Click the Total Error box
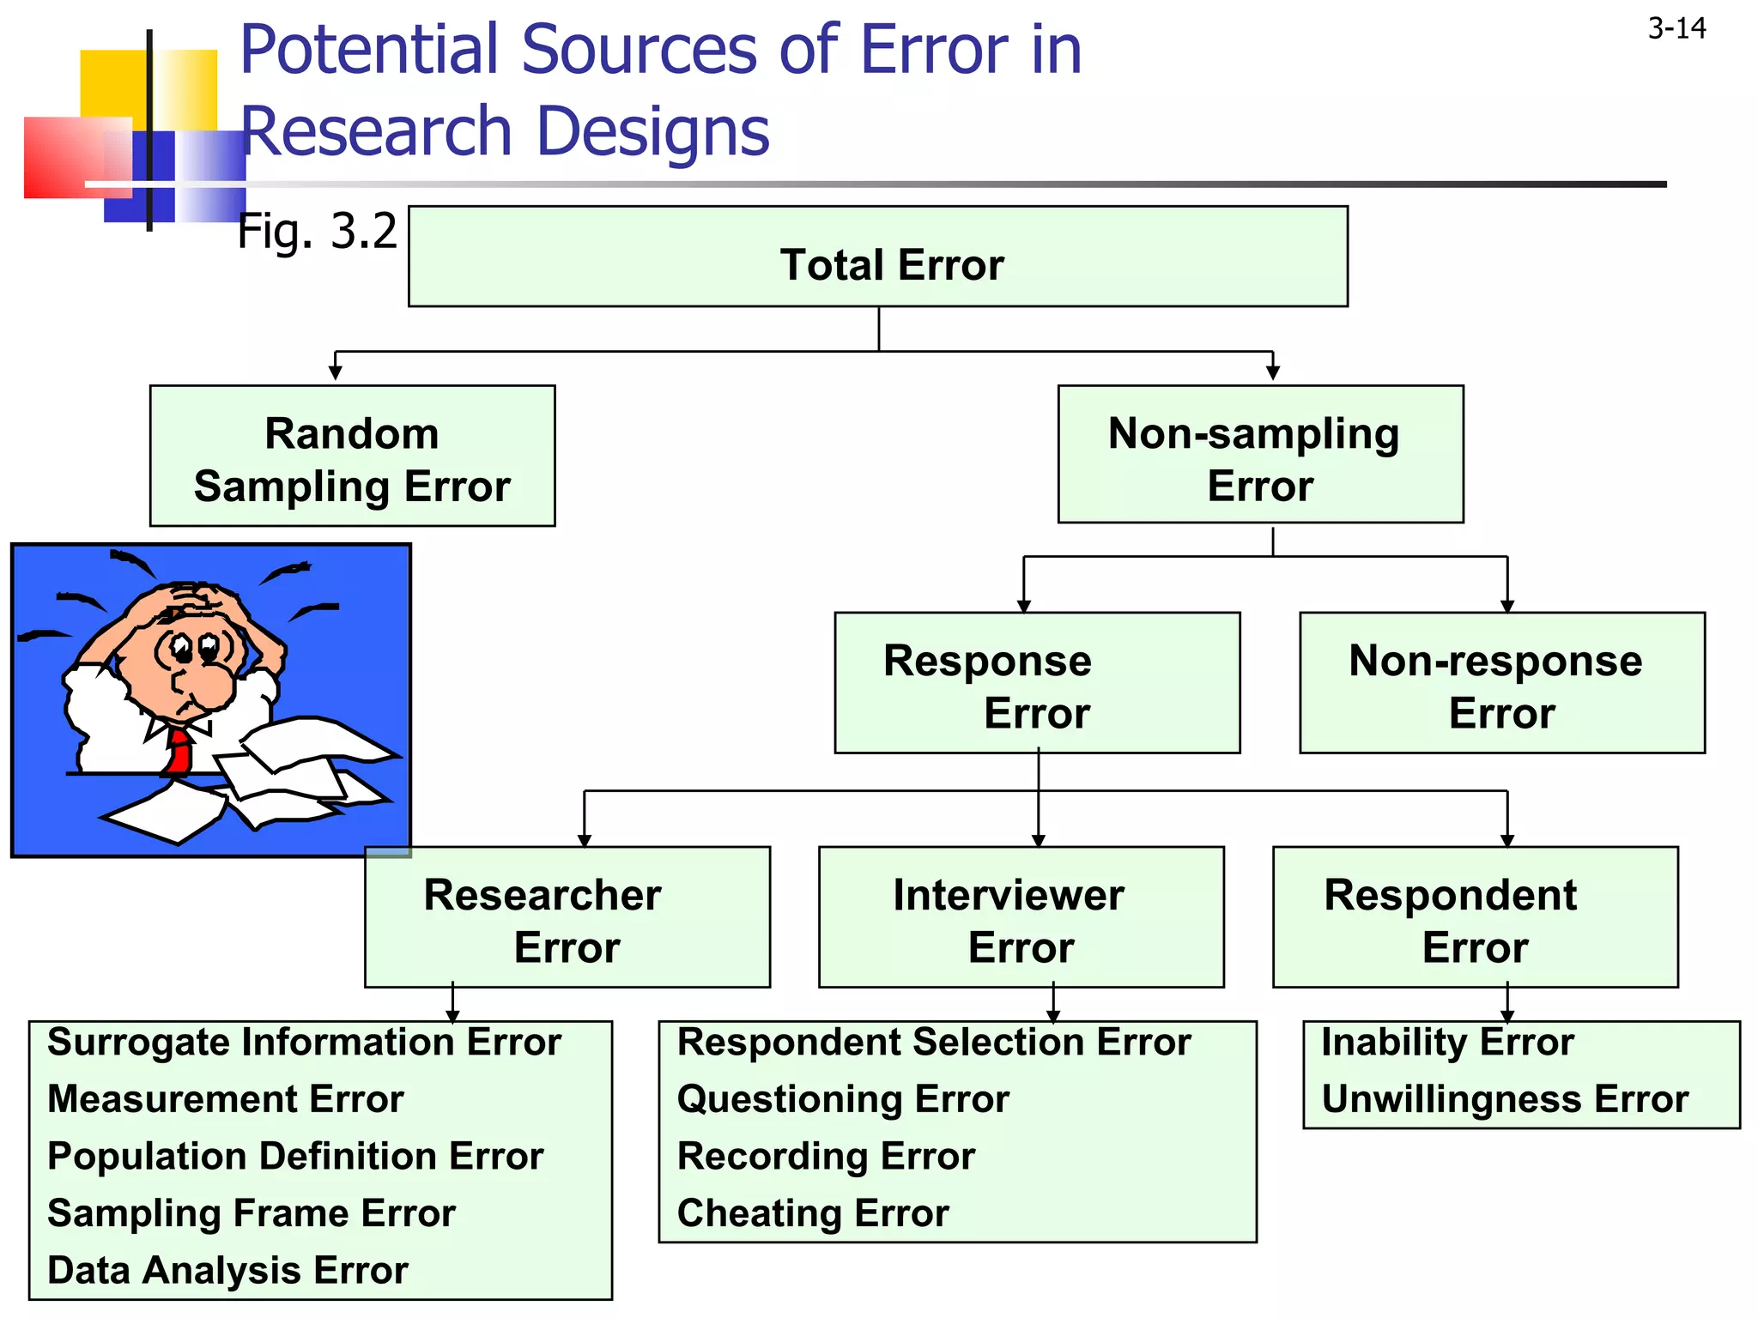(x=877, y=257)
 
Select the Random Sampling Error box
(x=352, y=456)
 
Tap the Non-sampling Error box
(x=1260, y=455)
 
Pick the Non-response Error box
(x=1501, y=684)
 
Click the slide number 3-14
(x=1676, y=29)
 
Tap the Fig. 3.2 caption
(x=317, y=231)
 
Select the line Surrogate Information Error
(x=304, y=1043)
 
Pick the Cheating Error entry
(x=813, y=1213)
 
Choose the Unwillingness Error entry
(x=1504, y=1099)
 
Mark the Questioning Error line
(x=843, y=1099)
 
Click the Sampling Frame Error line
(x=252, y=1213)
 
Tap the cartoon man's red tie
(x=179, y=750)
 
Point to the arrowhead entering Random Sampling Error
(x=336, y=372)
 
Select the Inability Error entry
(x=1447, y=1043)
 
